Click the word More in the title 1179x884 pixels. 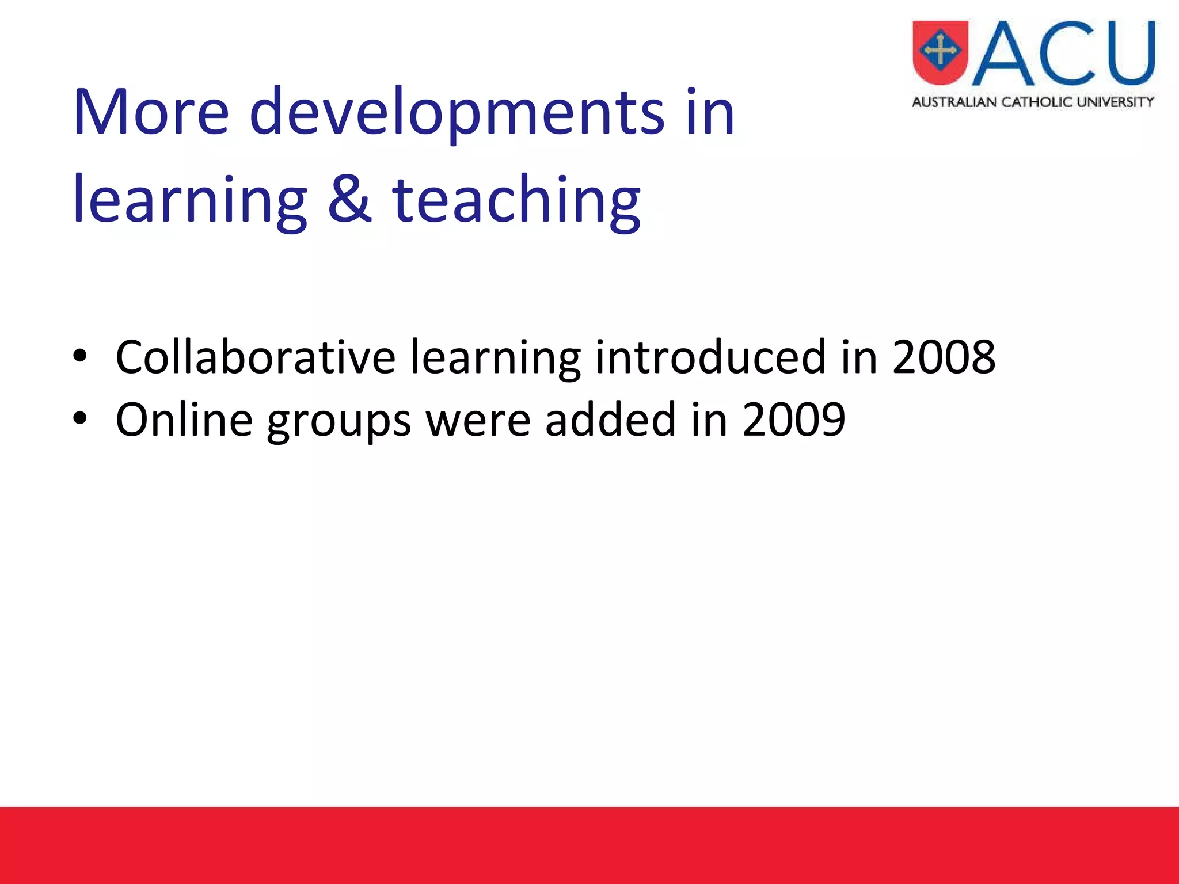click(x=151, y=112)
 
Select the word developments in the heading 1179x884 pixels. click(x=458, y=112)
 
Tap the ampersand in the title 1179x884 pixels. click(x=349, y=199)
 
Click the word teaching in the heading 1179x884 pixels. click(x=516, y=199)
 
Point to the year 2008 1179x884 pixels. click(x=944, y=357)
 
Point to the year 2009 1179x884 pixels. click(x=794, y=420)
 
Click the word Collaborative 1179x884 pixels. click(x=255, y=357)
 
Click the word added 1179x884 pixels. click(x=610, y=420)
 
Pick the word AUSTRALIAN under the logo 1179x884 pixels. click(x=954, y=102)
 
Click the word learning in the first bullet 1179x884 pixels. click(x=495, y=357)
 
